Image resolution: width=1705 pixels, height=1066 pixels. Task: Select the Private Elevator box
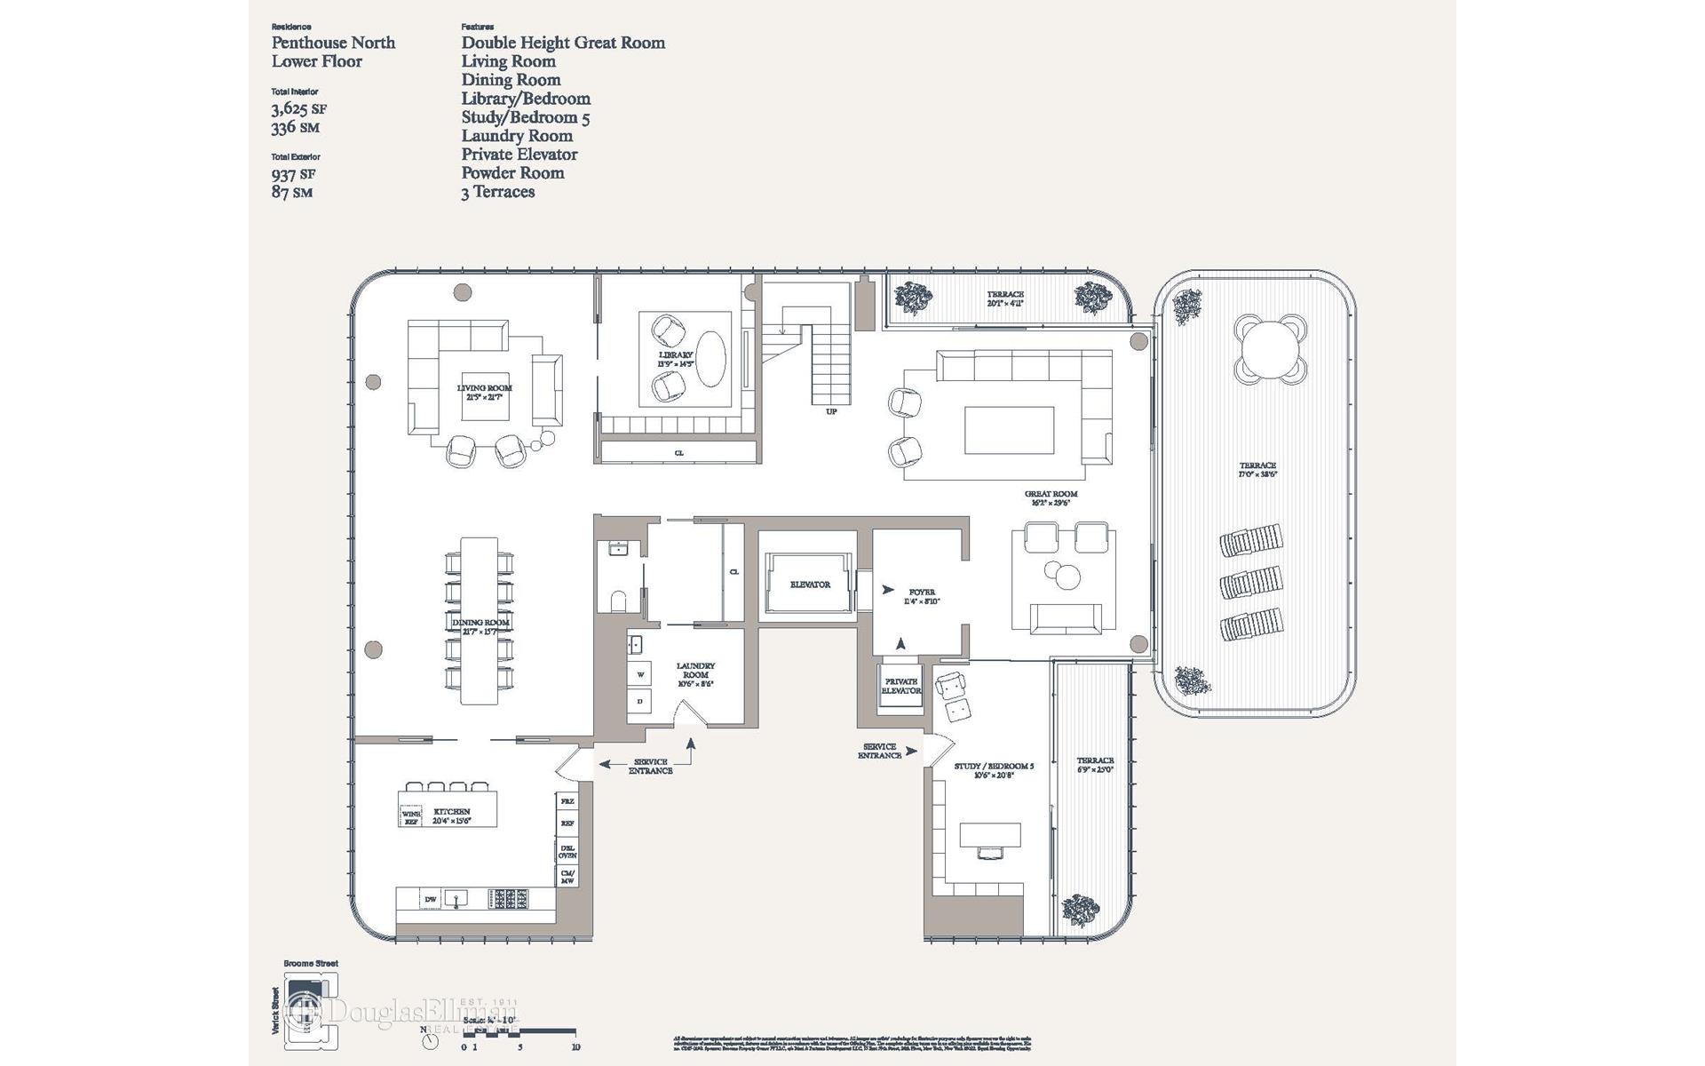pyautogui.click(x=900, y=687)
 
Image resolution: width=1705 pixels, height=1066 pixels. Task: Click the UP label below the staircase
pyautogui.click(x=831, y=412)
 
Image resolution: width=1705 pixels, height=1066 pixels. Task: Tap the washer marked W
pyautogui.click(x=640, y=675)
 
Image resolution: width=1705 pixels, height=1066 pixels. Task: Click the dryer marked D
pyautogui.click(x=640, y=702)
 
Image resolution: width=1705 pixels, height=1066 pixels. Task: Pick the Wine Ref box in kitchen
pyautogui.click(x=411, y=817)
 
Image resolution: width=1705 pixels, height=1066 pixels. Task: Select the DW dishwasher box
pyautogui.click(x=431, y=900)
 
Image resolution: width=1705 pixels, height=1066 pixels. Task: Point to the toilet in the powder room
pyautogui.click(x=619, y=601)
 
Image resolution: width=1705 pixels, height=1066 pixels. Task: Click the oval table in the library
pyautogui.click(x=710, y=359)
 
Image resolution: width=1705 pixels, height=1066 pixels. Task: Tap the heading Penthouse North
pyautogui.click(x=333, y=43)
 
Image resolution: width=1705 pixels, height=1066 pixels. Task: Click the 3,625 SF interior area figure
pyautogui.click(x=298, y=109)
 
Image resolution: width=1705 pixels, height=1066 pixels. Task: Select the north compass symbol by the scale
pyautogui.click(x=431, y=1040)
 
